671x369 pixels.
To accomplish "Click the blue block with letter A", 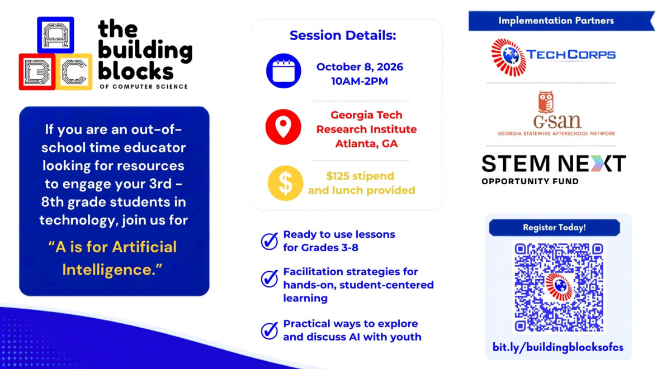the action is pyautogui.click(x=56, y=35).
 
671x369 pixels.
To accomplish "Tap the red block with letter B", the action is pyautogui.click(x=37, y=72).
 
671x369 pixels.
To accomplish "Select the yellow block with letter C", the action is pyautogui.click(x=74, y=72).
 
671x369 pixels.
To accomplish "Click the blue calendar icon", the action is pyautogui.click(x=283, y=71).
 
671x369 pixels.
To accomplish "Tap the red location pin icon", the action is pyautogui.click(x=283, y=127).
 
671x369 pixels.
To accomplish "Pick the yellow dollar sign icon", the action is pyautogui.click(x=285, y=183).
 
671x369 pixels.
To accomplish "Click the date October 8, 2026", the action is pyautogui.click(x=360, y=66).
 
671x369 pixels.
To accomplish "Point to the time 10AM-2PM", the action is pyautogui.click(x=360, y=81).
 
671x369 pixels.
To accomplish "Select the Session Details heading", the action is pyautogui.click(x=343, y=35).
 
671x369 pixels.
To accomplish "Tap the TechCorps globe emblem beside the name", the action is pyautogui.click(x=509, y=57).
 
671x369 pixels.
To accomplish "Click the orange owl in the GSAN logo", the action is pyautogui.click(x=546, y=102).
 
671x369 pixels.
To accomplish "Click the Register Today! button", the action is pyautogui.click(x=555, y=228).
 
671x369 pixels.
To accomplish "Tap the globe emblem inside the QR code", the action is pyautogui.click(x=559, y=286).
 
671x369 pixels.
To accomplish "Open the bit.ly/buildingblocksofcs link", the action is pyautogui.click(x=558, y=347).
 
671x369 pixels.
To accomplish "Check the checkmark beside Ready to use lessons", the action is pyautogui.click(x=270, y=241).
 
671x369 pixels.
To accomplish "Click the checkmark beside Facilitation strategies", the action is pyautogui.click(x=270, y=279).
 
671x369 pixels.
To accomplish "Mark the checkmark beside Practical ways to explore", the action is pyautogui.click(x=270, y=330).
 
